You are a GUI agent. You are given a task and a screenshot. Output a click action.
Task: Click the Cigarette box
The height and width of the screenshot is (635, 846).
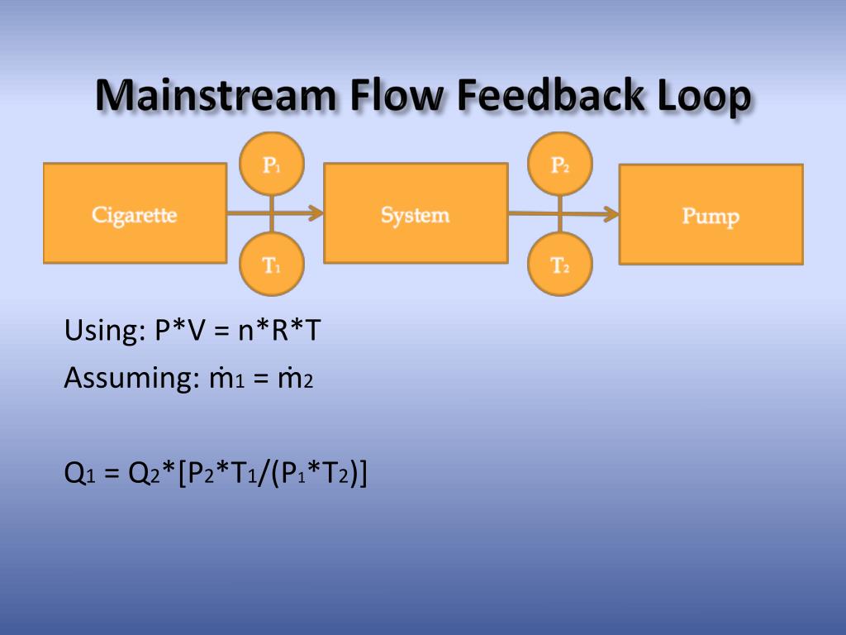pos(135,213)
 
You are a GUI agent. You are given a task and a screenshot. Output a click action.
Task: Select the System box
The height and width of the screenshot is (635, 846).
pos(416,213)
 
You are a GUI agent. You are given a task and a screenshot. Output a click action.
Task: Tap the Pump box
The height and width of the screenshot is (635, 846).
pos(711,215)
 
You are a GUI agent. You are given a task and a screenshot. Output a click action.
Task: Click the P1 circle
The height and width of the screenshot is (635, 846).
pos(272,165)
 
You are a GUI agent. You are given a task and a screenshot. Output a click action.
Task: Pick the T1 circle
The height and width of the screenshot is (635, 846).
pos(272,265)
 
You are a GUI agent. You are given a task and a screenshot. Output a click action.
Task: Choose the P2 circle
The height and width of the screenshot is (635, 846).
pos(560,165)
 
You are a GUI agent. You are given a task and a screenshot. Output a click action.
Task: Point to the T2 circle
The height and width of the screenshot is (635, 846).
pos(560,265)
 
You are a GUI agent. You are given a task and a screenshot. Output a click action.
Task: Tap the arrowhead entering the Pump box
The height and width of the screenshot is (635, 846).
pos(611,214)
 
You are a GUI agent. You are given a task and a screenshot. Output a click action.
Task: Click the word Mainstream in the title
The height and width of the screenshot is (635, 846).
pos(215,98)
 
